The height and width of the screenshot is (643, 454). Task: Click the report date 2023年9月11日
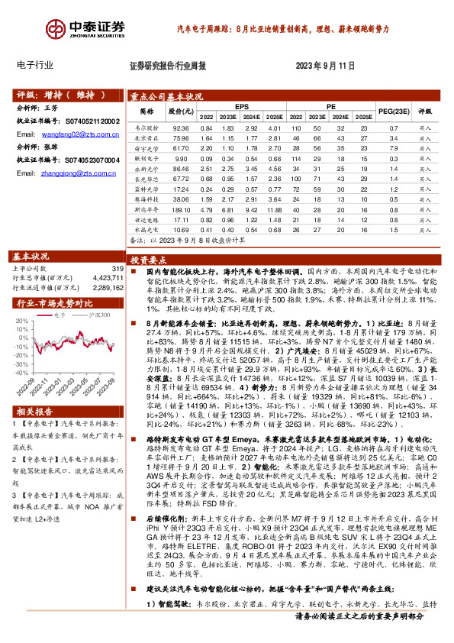(x=325, y=66)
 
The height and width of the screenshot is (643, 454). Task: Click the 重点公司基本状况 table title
(x=166, y=96)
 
